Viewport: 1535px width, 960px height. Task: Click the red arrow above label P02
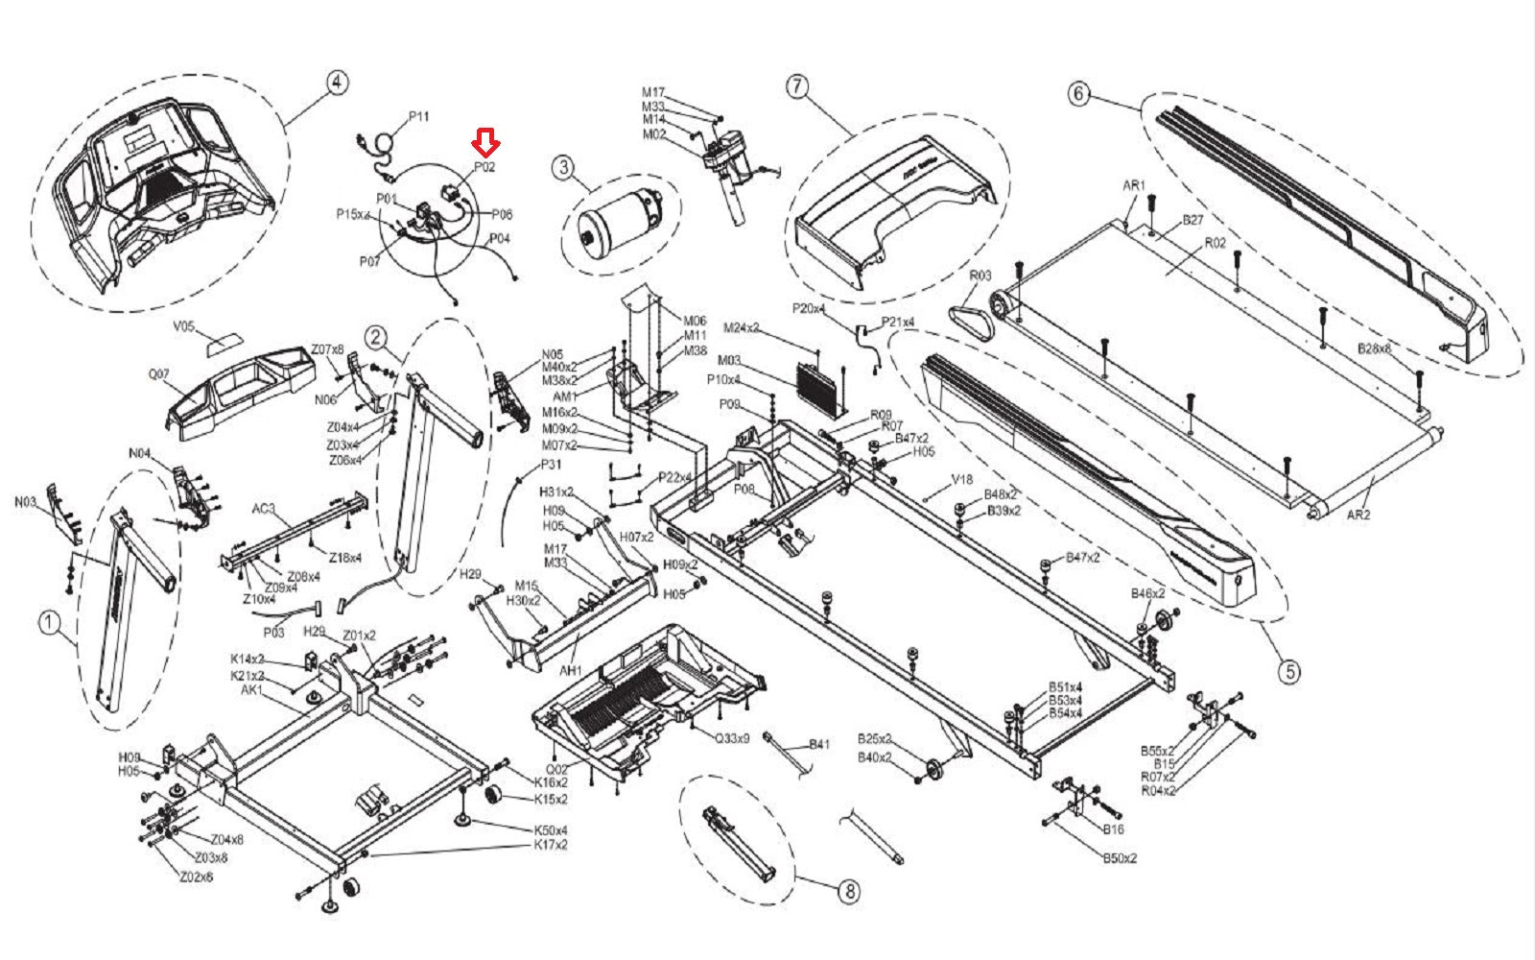click(x=486, y=144)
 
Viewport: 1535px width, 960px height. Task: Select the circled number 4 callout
click(x=335, y=83)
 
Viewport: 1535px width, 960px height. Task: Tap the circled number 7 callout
click(x=797, y=85)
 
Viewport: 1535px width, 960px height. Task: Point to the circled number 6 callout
click(x=1079, y=93)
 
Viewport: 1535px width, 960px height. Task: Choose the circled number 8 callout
click(x=848, y=892)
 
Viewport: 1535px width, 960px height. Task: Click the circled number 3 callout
click(x=563, y=168)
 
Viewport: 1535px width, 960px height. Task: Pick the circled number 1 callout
click(x=49, y=623)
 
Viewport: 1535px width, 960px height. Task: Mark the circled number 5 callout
click(x=1290, y=671)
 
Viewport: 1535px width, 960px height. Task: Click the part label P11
click(x=419, y=116)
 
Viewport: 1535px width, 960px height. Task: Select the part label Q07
click(x=158, y=373)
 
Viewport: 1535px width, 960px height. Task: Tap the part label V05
click(x=183, y=326)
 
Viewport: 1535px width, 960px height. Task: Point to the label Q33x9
click(x=731, y=738)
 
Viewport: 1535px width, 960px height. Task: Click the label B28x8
click(x=1374, y=348)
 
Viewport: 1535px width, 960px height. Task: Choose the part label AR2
click(x=1358, y=515)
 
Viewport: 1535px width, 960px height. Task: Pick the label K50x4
click(x=551, y=830)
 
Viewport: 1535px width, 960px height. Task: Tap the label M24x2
click(x=741, y=328)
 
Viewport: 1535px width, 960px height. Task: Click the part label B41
click(x=819, y=744)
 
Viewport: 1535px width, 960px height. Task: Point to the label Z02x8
click(x=196, y=877)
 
